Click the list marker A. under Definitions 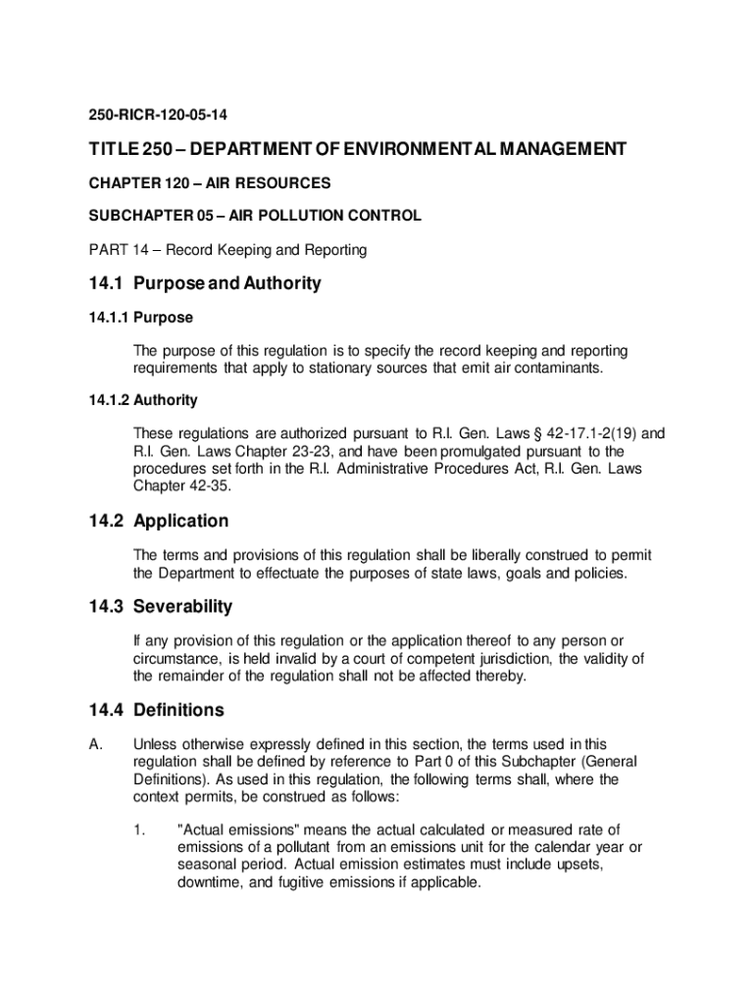pos(95,745)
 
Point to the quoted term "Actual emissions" pos(238,830)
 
